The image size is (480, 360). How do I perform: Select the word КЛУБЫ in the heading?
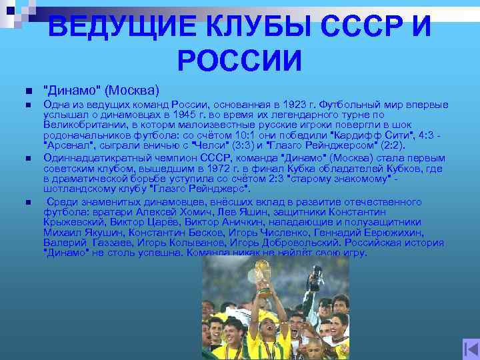258,28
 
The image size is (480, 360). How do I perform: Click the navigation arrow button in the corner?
468,349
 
